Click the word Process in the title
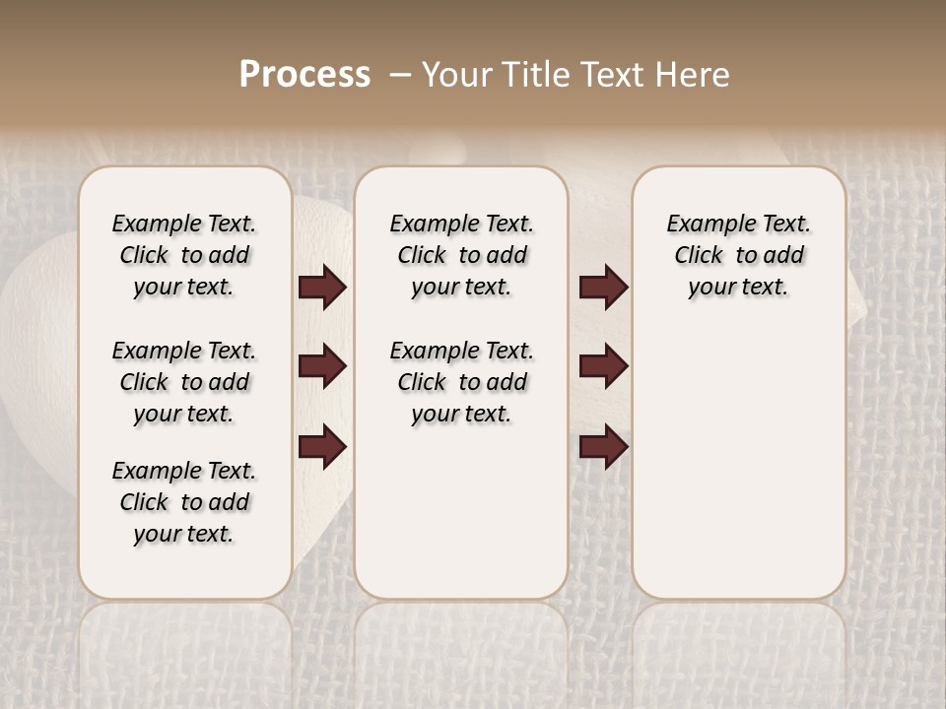point(304,75)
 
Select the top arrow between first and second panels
point(322,288)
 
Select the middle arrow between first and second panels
point(322,366)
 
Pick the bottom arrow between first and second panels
point(322,447)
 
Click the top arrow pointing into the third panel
point(603,288)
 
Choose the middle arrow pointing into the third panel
point(603,366)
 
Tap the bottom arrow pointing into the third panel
point(603,447)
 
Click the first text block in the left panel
point(184,255)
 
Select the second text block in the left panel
point(184,382)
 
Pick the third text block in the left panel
point(184,502)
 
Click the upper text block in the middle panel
point(461,255)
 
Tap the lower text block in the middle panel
point(461,382)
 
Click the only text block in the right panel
point(738,255)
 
